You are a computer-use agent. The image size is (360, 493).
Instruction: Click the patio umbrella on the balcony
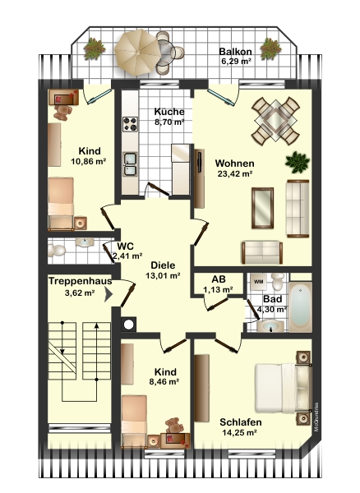point(137,53)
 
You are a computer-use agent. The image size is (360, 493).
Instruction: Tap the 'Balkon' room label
point(236,51)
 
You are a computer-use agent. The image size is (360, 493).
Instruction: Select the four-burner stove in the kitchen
point(130,124)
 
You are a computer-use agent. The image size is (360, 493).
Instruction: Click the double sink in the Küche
point(130,164)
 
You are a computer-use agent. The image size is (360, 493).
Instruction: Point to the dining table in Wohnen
point(275,121)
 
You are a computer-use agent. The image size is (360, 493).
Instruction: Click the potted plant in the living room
point(298,162)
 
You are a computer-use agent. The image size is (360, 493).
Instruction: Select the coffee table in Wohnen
point(262,208)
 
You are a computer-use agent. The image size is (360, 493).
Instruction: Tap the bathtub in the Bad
point(300,306)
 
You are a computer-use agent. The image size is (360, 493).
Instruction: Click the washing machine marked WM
point(258,282)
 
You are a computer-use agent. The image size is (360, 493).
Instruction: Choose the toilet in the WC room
point(57,251)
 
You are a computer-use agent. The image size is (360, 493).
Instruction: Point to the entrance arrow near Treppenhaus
point(108,295)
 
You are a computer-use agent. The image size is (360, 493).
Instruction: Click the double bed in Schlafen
point(283,388)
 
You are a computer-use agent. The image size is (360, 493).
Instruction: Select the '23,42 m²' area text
point(236,173)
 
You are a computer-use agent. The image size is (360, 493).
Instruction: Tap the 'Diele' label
point(163,265)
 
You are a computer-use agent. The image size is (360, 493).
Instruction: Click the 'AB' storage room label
point(219,279)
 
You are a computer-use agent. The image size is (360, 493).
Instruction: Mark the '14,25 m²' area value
point(239,433)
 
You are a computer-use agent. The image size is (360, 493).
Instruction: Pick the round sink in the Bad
point(270,326)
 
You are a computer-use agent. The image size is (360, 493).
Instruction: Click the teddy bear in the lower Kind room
point(174,426)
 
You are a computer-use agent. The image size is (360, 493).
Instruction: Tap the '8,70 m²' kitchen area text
point(169,122)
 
